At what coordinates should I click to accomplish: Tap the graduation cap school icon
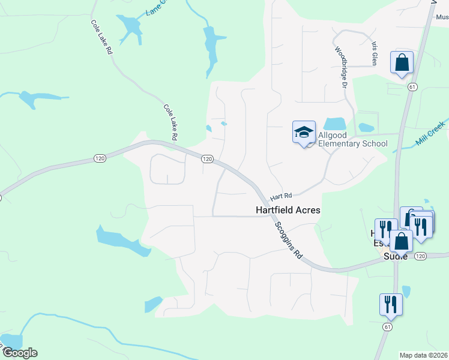click(304, 132)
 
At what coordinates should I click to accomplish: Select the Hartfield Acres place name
click(288, 210)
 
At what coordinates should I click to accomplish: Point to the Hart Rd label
click(280, 196)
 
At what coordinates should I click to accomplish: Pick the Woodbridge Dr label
click(341, 68)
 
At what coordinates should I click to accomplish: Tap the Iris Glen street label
click(374, 53)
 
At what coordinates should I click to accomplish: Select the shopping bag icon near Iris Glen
click(402, 62)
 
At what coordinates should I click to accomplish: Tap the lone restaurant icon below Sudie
click(390, 304)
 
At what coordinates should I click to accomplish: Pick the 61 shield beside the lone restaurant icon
click(388, 327)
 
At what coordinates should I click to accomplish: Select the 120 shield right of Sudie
click(420, 256)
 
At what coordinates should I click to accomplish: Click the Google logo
click(19, 353)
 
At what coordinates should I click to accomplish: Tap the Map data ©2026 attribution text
click(424, 355)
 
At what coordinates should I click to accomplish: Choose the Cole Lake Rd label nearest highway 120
click(170, 122)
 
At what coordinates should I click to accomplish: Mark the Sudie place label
click(396, 256)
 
